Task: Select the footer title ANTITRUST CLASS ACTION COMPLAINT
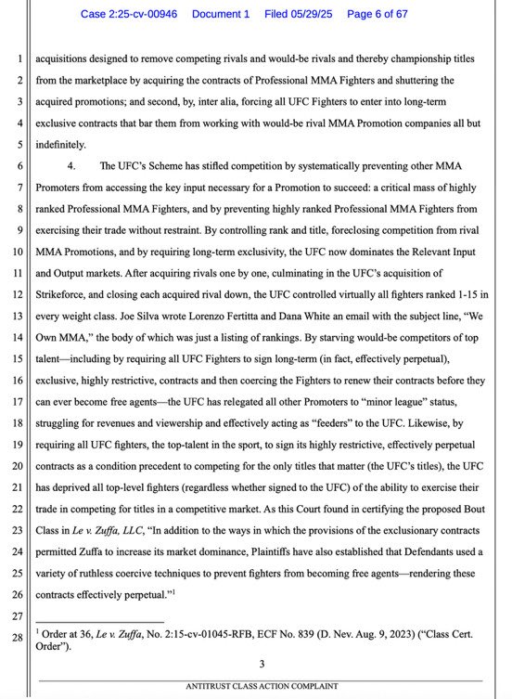[x=262, y=685]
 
